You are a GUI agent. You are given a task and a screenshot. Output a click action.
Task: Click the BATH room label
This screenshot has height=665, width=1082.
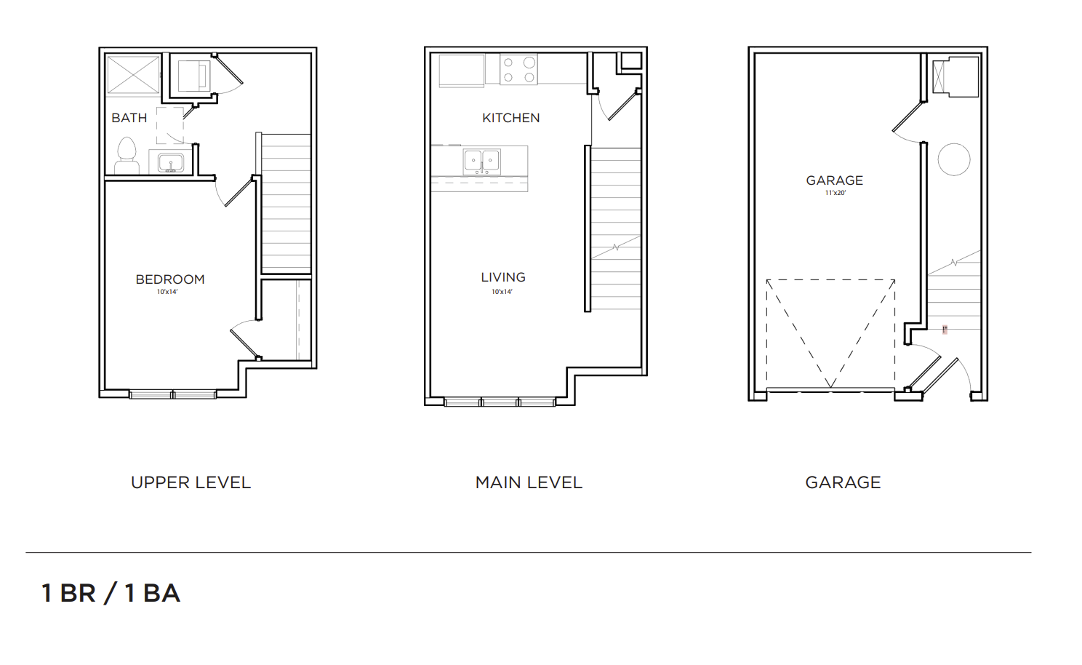pyautogui.click(x=129, y=118)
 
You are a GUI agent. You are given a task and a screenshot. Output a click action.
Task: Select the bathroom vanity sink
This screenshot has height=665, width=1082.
pyautogui.click(x=170, y=163)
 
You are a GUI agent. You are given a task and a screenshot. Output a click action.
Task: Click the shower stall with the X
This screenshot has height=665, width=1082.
pyautogui.click(x=133, y=74)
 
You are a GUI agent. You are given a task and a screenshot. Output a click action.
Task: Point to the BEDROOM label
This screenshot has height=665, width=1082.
pyautogui.click(x=170, y=279)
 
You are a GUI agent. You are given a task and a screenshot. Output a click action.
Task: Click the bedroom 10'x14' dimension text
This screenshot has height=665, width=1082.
pyautogui.click(x=167, y=292)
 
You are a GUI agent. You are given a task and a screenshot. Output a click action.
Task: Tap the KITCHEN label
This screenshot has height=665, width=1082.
pyautogui.click(x=510, y=118)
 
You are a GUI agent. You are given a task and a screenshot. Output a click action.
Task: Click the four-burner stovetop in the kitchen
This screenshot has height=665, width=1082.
pyautogui.click(x=518, y=70)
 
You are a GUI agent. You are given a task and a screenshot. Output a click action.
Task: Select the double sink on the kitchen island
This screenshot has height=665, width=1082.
pyautogui.click(x=481, y=162)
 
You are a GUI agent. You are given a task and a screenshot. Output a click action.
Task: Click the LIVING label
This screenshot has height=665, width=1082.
pyautogui.click(x=503, y=277)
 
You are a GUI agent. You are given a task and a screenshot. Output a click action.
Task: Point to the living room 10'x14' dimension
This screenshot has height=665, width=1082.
pyautogui.click(x=502, y=292)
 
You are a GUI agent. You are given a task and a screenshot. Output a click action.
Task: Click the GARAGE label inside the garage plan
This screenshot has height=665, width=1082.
pyautogui.click(x=834, y=180)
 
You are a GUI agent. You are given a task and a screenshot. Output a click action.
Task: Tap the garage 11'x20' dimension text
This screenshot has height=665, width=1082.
pyautogui.click(x=835, y=193)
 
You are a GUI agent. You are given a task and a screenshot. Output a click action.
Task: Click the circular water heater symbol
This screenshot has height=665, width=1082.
pyautogui.click(x=953, y=159)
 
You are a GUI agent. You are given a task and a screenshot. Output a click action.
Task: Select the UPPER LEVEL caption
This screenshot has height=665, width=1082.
pyautogui.click(x=191, y=482)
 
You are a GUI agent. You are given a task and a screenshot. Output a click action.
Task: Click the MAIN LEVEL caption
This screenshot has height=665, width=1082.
pyautogui.click(x=529, y=482)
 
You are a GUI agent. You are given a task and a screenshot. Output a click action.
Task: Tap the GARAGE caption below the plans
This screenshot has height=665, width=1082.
pyautogui.click(x=843, y=482)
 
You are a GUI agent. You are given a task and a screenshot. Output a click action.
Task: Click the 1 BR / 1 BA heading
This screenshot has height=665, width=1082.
pyautogui.click(x=111, y=593)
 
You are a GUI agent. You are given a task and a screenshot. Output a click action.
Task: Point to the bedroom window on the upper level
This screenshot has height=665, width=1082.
pyautogui.click(x=172, y=394)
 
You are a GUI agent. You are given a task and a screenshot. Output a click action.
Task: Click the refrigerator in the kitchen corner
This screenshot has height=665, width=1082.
pyautogui.click(x=461, y=71)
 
